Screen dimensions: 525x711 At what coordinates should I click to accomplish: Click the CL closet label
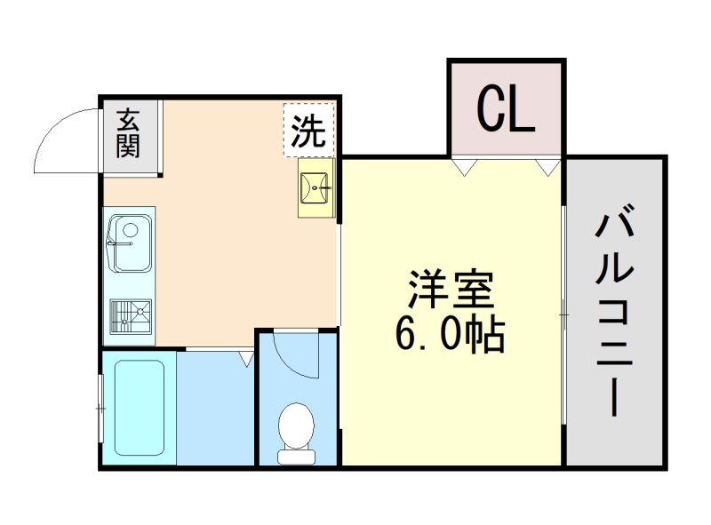[x=506, y=109]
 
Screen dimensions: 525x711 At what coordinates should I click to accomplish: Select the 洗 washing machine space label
[x=308, y=132]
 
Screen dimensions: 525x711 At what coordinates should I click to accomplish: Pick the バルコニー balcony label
[x=614, y=314]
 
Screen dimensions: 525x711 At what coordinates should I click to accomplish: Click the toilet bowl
[x=296, y=425]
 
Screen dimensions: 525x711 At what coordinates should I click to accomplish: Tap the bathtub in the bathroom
[x=140, y=408]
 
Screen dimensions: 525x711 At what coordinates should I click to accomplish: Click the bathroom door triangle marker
[x=246, y=358]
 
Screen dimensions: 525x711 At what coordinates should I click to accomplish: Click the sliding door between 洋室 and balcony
[x=564, y=313]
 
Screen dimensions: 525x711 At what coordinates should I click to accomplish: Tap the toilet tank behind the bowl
[x=296, y=457]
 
